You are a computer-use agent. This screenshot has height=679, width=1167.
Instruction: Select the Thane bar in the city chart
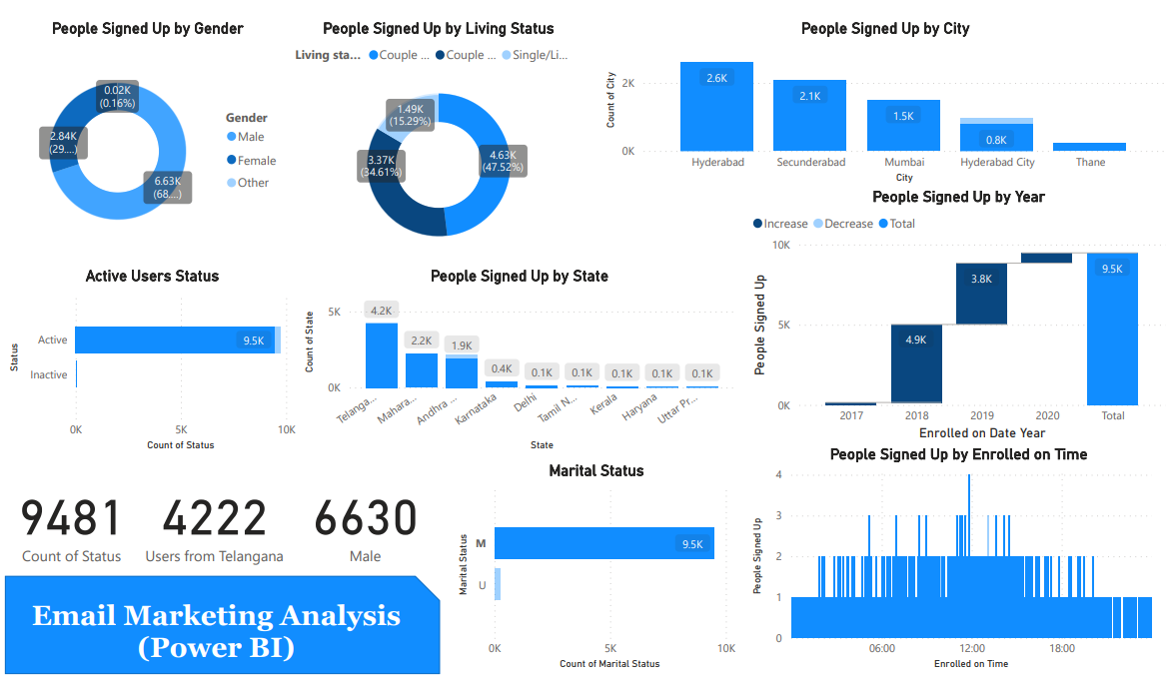1089,147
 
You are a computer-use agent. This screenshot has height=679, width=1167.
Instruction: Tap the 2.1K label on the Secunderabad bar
809,96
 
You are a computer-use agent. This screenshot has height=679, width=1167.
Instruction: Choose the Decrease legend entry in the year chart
848,224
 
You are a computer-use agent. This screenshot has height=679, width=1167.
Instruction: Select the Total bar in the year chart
1112,329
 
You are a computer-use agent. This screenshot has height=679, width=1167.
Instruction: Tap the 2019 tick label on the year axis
981,415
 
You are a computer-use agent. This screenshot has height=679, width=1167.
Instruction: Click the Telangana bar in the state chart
381,354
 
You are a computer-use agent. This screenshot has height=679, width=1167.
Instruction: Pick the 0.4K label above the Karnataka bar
502,368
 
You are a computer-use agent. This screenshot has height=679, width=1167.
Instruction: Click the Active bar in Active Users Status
175,339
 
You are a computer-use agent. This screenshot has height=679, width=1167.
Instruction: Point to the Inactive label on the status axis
49,375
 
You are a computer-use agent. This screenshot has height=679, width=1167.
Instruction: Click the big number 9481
71,519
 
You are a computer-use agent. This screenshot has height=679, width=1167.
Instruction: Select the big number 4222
214,519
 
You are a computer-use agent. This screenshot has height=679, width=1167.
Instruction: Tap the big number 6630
365,519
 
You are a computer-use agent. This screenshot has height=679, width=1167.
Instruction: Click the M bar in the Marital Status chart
603,543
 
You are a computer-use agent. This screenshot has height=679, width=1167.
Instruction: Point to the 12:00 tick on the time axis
971,649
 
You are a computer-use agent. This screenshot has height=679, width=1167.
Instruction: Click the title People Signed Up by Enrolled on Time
958,454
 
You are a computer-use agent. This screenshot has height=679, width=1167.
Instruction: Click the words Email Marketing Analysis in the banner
217,615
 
